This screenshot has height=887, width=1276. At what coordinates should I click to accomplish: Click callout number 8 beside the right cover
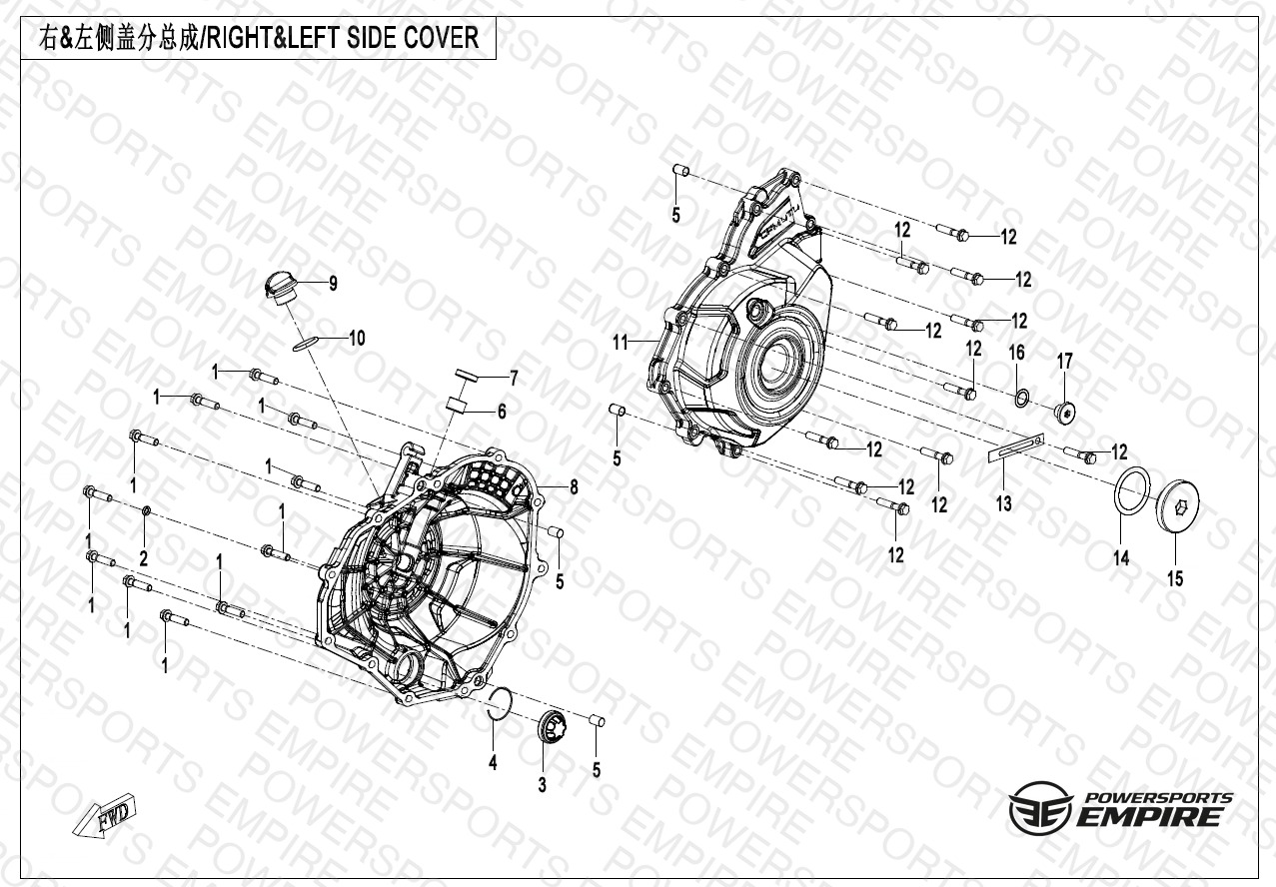point(574,486)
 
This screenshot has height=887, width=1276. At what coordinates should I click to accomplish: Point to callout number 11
point(620,343)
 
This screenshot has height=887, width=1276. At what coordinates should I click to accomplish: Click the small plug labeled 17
point(1064,412)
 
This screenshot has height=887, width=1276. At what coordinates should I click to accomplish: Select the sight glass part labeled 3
point(552,726)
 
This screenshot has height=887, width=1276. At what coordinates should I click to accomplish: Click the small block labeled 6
point(457,406)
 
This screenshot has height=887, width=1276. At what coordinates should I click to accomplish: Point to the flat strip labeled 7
point(466,375)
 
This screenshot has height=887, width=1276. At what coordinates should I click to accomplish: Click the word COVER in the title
point(442,38)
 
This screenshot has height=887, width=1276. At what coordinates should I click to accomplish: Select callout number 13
point(1003,503)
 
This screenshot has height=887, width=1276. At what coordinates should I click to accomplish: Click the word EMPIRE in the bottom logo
point(1148,817)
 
